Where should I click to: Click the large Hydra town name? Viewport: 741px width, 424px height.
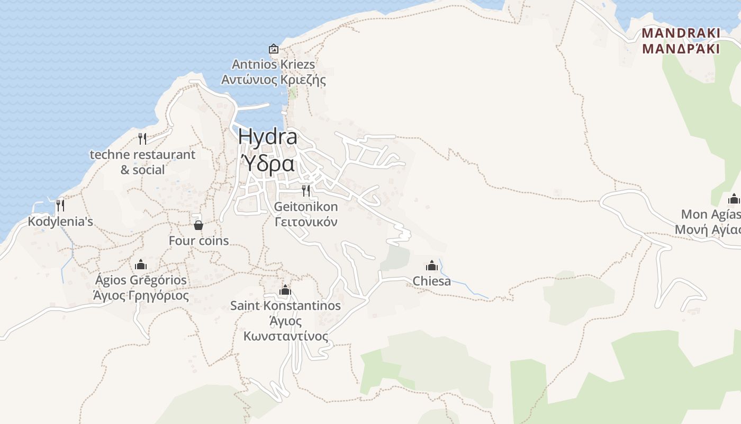pos(267,137)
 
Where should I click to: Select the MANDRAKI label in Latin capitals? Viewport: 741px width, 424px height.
pos(681,33)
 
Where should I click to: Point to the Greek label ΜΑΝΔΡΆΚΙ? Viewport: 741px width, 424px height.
pos(681,49)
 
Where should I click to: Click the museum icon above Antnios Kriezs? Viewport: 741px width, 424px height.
pos(274,49)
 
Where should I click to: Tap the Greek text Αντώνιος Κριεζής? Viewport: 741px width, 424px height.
pos(273,80)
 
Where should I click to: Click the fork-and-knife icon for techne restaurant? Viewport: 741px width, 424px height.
pos(142,139)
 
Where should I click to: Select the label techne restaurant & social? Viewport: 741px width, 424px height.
pos(142,162)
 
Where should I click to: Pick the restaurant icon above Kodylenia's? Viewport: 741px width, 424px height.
pos(60,205)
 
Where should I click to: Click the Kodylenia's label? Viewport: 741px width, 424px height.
pos(60,222)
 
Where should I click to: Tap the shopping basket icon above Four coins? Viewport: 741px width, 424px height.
pos(198,225)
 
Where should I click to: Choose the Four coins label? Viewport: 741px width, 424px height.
pos(198,241)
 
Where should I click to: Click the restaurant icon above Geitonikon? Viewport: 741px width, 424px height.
pos(306,190)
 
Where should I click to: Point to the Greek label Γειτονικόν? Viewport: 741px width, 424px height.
pos(306,222)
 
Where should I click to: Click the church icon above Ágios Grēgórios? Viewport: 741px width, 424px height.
pos(140,264)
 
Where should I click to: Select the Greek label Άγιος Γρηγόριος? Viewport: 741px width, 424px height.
pos(140,295)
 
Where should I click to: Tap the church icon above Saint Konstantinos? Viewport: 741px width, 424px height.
pos(285,290)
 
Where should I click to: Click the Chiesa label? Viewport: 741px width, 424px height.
pos(432,281)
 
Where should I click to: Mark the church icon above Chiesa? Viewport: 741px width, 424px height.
pos(432,266)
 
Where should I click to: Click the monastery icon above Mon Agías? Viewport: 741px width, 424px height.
pos(734,199)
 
